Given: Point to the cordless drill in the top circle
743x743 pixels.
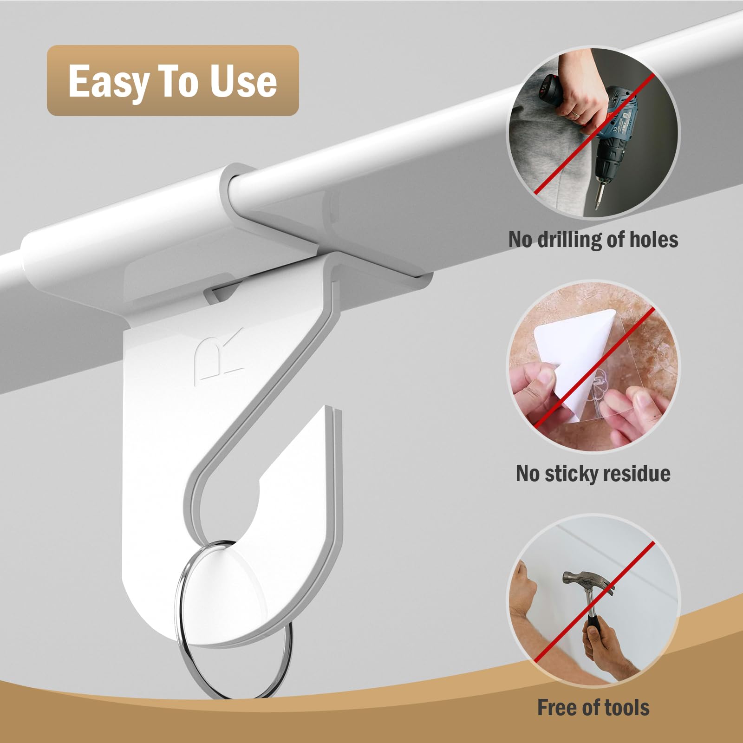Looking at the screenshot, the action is [x=620, y=135].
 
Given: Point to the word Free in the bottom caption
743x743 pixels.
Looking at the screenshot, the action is [x=558, y=708].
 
